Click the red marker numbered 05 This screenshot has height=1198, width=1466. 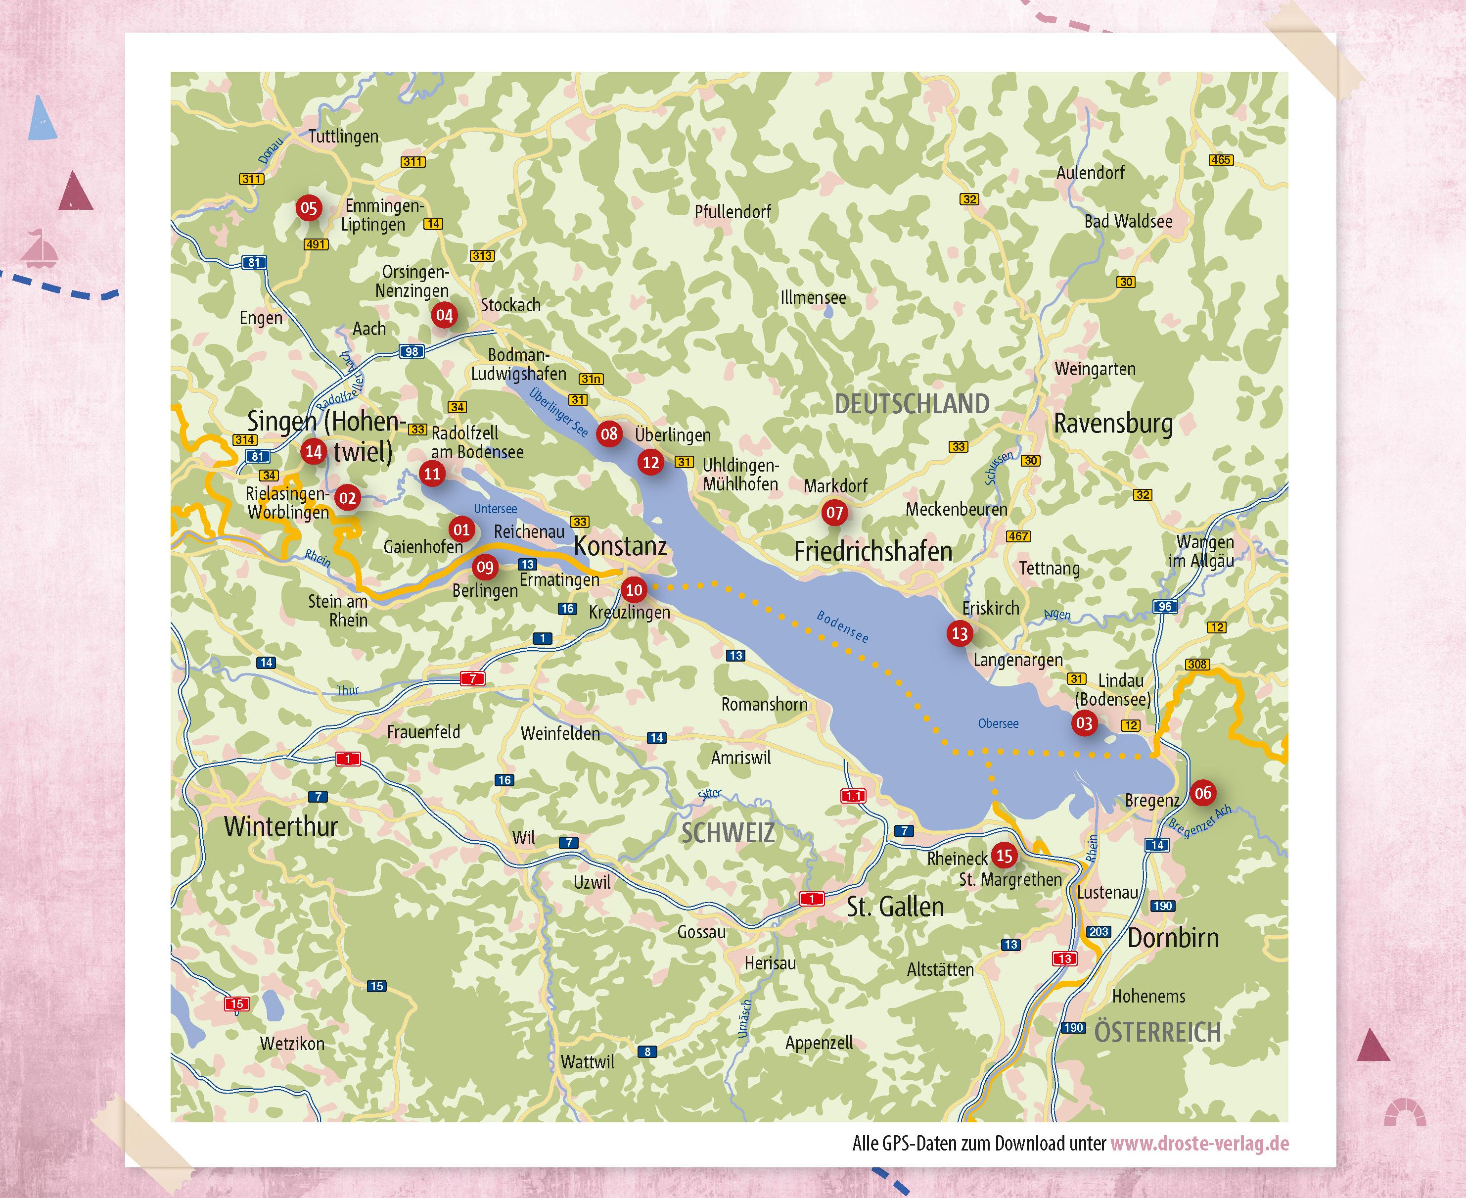point(308,208)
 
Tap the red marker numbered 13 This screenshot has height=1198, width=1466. point(960,633)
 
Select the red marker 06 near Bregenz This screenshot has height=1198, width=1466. point(1202,793)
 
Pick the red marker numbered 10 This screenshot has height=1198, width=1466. point(633,590)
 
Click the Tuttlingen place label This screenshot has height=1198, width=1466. point(343,136)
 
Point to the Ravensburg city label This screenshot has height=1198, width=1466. point(1113,423)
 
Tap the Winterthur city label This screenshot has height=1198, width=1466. point(281,826)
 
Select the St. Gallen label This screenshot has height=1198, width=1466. point(895,906)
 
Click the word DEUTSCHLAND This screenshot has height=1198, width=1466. point(912,404)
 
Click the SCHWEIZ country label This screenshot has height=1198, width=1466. point(728,833)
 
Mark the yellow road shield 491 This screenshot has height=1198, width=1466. point(316,244)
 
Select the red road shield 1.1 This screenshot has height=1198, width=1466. point(853,796)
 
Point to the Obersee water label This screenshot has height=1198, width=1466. point(998,723)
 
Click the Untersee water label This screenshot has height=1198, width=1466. point(495,509)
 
